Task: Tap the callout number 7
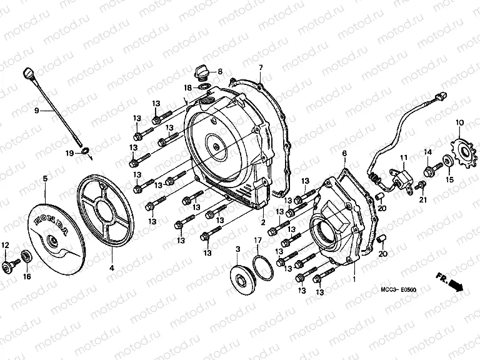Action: point(261,67)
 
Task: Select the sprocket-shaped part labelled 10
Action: point(461,151)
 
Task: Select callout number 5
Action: point(44,179)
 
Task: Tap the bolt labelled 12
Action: point(9,266)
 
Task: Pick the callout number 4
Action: point(112,268)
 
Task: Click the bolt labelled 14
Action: point(428,169)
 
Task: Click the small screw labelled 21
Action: point(422,185)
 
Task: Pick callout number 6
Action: point(344,153)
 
